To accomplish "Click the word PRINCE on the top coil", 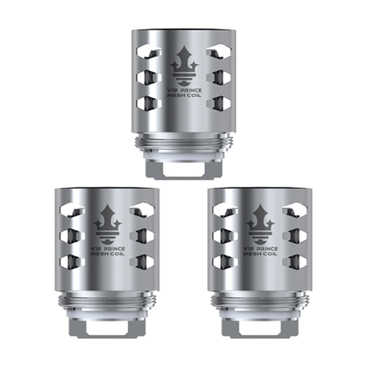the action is pos(191,90).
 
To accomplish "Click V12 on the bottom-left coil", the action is pos(96,248).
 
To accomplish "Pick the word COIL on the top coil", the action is pos(195,96).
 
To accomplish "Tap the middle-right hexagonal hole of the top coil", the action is pos(219,76).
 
